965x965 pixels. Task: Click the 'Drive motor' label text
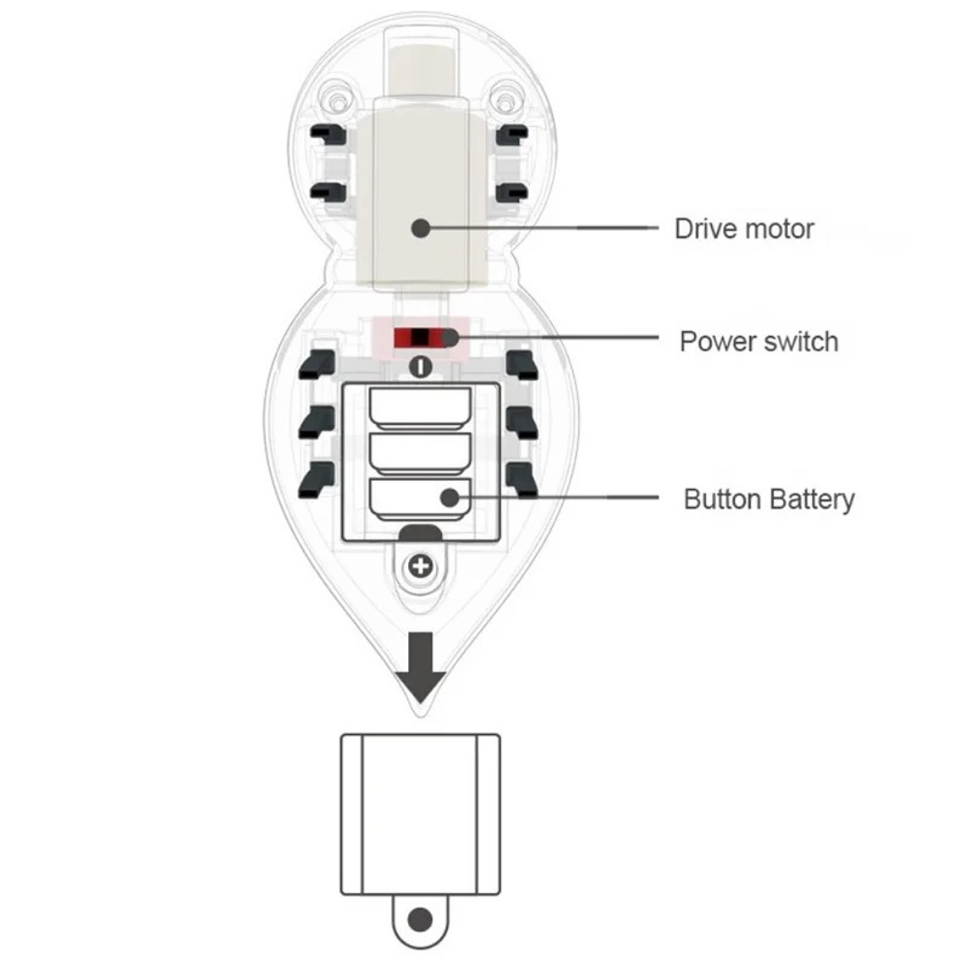743,229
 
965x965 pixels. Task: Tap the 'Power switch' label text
758,341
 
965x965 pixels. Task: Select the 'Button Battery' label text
769,499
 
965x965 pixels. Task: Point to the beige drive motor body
420,195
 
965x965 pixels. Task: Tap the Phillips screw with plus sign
420,565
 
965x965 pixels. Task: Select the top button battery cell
420,407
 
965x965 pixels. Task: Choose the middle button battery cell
420,454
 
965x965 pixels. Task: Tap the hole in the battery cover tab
420,919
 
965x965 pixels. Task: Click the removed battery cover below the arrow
420,813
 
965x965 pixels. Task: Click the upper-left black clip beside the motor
328,134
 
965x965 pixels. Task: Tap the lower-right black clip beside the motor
513,192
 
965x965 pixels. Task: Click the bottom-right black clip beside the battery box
523,480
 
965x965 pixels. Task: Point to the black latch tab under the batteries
420,532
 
